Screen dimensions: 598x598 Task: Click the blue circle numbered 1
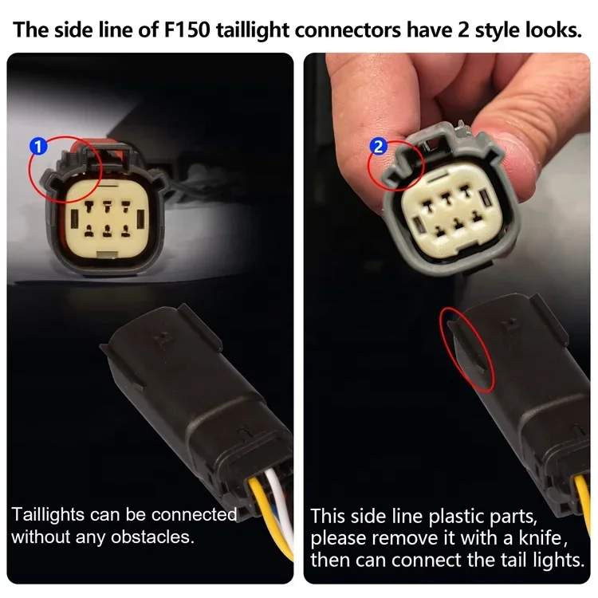pos(38,147)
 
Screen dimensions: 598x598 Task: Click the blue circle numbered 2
pos(378,147)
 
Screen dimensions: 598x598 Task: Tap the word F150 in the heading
pos(187,30)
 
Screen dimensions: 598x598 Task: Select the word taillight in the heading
pos(254,30)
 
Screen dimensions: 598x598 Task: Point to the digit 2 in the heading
pos(462,30)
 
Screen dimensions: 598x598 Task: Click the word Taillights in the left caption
pos(48,514)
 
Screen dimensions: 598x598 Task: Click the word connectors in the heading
pos(348,30)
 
